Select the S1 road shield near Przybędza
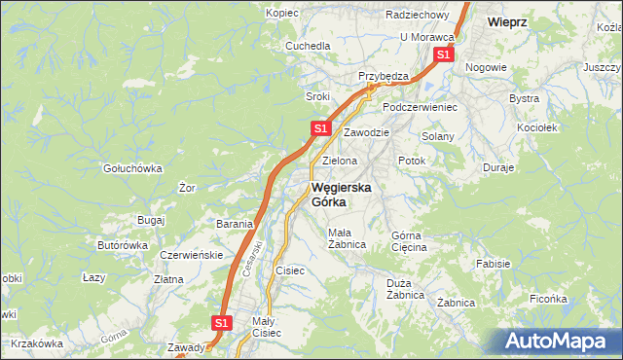tap(443, 55)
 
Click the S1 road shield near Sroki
tap(320, 128)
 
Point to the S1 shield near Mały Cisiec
tap(222, 322)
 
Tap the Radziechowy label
tap(417, 16)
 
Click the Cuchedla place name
tap(308, 46)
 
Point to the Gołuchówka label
tap(132, 167)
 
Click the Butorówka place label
tap(123, 246)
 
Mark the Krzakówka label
tap(38, 343)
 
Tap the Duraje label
tap(497, 167)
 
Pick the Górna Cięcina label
tap(409, 241)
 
